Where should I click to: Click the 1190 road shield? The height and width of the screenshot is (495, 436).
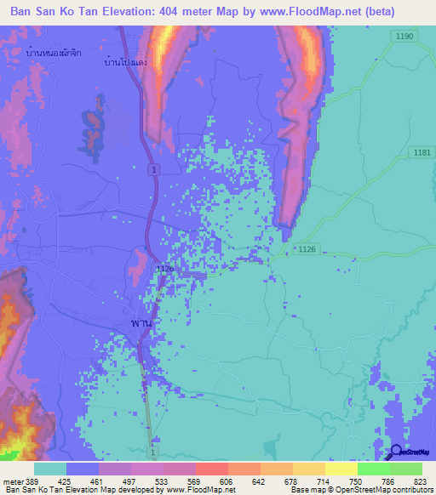tap(404, 36)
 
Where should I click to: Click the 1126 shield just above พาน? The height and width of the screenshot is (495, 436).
tap(164, 268)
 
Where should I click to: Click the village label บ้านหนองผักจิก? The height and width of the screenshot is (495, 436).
tap(49, 53)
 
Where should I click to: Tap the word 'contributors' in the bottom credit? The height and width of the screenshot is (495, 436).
tap(410, 490)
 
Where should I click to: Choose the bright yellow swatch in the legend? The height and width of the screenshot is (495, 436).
tap(341, 469)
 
